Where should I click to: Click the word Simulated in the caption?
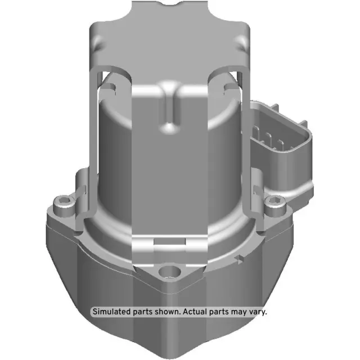click(x=111, y=311)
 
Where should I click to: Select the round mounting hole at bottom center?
click(x=168, y=274)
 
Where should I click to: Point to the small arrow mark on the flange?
click(x=240, y=260)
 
